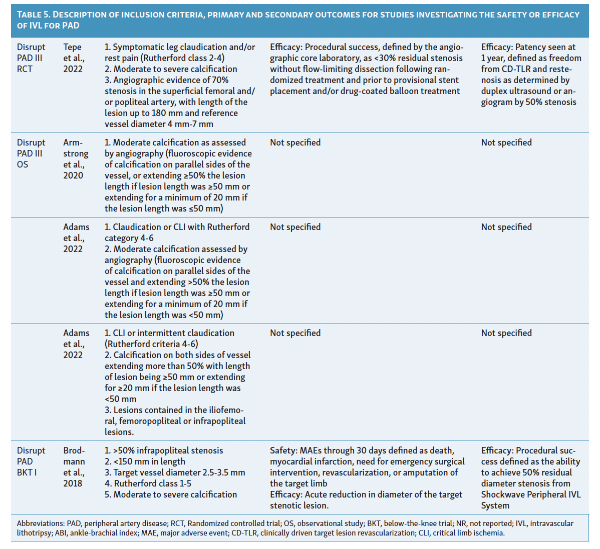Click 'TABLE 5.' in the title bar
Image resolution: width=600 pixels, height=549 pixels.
tap(33, 15)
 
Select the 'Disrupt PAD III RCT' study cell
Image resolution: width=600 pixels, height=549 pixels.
tap(31, 58)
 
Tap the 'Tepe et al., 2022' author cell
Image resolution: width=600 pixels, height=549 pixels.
tap(74, 58)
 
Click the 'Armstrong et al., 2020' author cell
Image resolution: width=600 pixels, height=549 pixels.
tap(76, 159)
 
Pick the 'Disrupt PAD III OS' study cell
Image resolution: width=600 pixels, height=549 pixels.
tap(31, 153)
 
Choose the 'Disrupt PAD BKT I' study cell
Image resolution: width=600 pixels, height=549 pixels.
tap(31, 461)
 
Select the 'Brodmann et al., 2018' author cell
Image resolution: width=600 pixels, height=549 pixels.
tap(74, 467)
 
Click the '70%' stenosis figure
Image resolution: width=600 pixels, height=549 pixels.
tap(220, 80)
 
